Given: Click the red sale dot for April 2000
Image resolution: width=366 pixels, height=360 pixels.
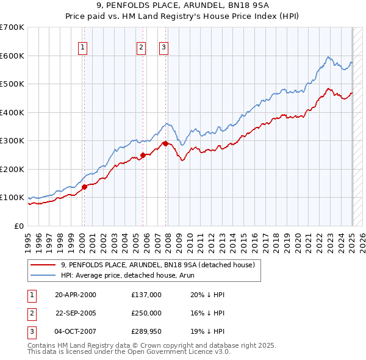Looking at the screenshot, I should tap(85, 187).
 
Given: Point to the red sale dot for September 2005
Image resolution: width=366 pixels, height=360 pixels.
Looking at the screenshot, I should tap(143, 155).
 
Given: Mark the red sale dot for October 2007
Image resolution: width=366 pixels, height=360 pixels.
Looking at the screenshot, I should tap(165, 143).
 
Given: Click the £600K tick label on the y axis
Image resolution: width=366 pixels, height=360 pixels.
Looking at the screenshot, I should tap(12, 56).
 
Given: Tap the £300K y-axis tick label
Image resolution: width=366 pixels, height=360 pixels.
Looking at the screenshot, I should tap(12, 140).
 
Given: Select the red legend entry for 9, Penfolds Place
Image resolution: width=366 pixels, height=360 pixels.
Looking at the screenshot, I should tap(161, 264).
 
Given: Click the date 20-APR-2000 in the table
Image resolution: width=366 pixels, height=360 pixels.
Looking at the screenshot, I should tap(75, 295).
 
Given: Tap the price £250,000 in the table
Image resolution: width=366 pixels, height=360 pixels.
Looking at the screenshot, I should tap(146, 313).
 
